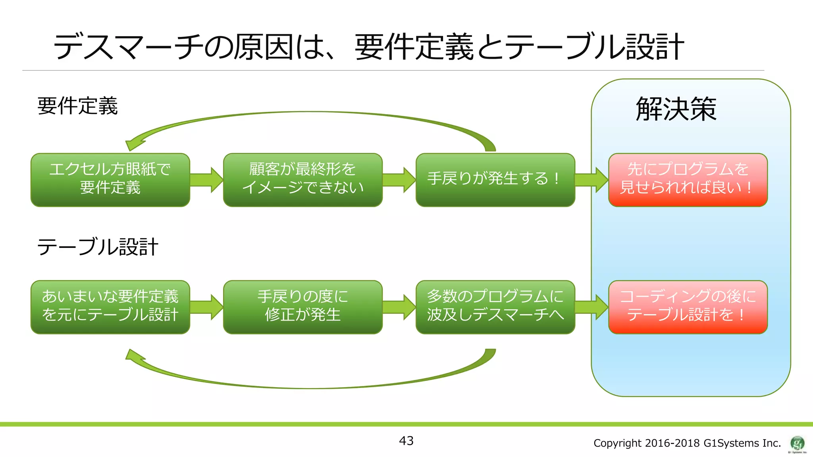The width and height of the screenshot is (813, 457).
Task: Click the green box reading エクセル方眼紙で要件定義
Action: click(110, 180)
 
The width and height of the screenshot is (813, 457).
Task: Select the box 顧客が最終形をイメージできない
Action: click(302, 180)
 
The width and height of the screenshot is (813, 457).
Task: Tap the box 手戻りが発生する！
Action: click(495, 180)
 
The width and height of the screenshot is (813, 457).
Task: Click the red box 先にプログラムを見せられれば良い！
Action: click(688, 180)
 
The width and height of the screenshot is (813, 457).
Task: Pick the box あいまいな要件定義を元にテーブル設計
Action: click(110, 307)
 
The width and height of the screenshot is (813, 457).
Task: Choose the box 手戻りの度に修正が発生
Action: click(302, 307)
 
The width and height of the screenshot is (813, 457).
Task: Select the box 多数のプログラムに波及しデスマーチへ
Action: click(495, 307)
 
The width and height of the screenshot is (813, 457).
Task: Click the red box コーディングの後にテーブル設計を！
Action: click(688, 307)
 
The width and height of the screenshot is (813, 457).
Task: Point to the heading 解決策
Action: click(676, 109)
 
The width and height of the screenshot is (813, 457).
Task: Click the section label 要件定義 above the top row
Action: click(77, 106)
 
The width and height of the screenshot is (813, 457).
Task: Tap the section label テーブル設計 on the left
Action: click(98, 247)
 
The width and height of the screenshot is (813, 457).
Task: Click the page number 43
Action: click(406, 441)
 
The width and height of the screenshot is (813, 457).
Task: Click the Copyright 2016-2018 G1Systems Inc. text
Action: click(687, 443)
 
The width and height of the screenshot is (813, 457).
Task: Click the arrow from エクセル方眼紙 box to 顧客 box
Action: click(206, 180)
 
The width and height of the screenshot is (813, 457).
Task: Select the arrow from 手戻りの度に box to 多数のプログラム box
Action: click(399, 307)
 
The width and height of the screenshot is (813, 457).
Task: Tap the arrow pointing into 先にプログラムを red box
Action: click(591, 180)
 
